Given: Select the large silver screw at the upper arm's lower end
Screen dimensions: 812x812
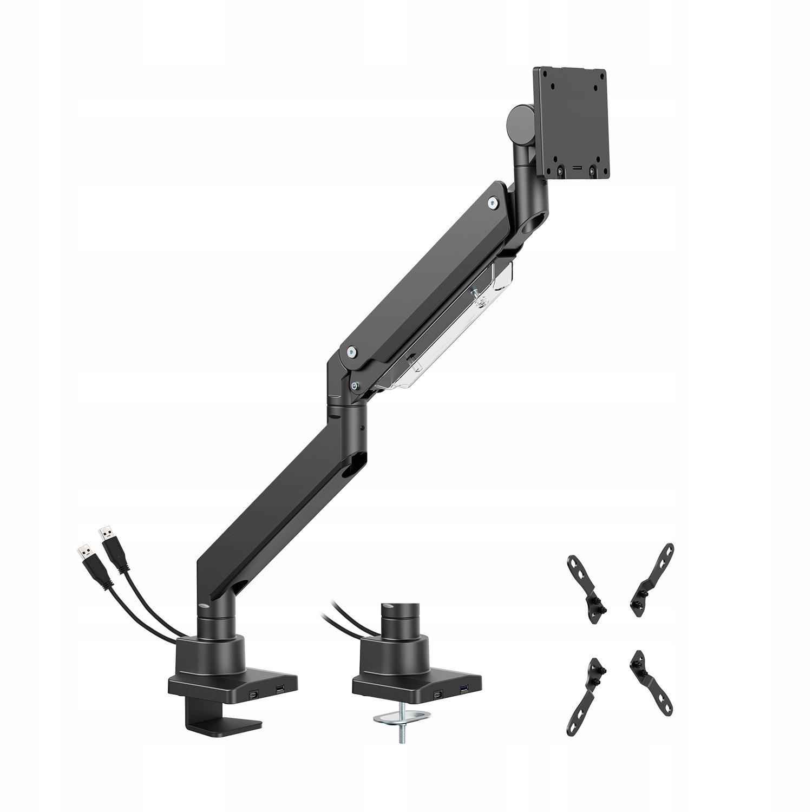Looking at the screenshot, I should click(x=352, y=352).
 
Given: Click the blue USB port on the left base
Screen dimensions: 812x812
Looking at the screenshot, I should click(x=280, y=689).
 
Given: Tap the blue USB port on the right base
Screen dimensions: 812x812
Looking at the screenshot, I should click(x=464, y=689).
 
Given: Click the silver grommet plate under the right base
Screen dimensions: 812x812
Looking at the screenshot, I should click(x=403, y=719).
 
